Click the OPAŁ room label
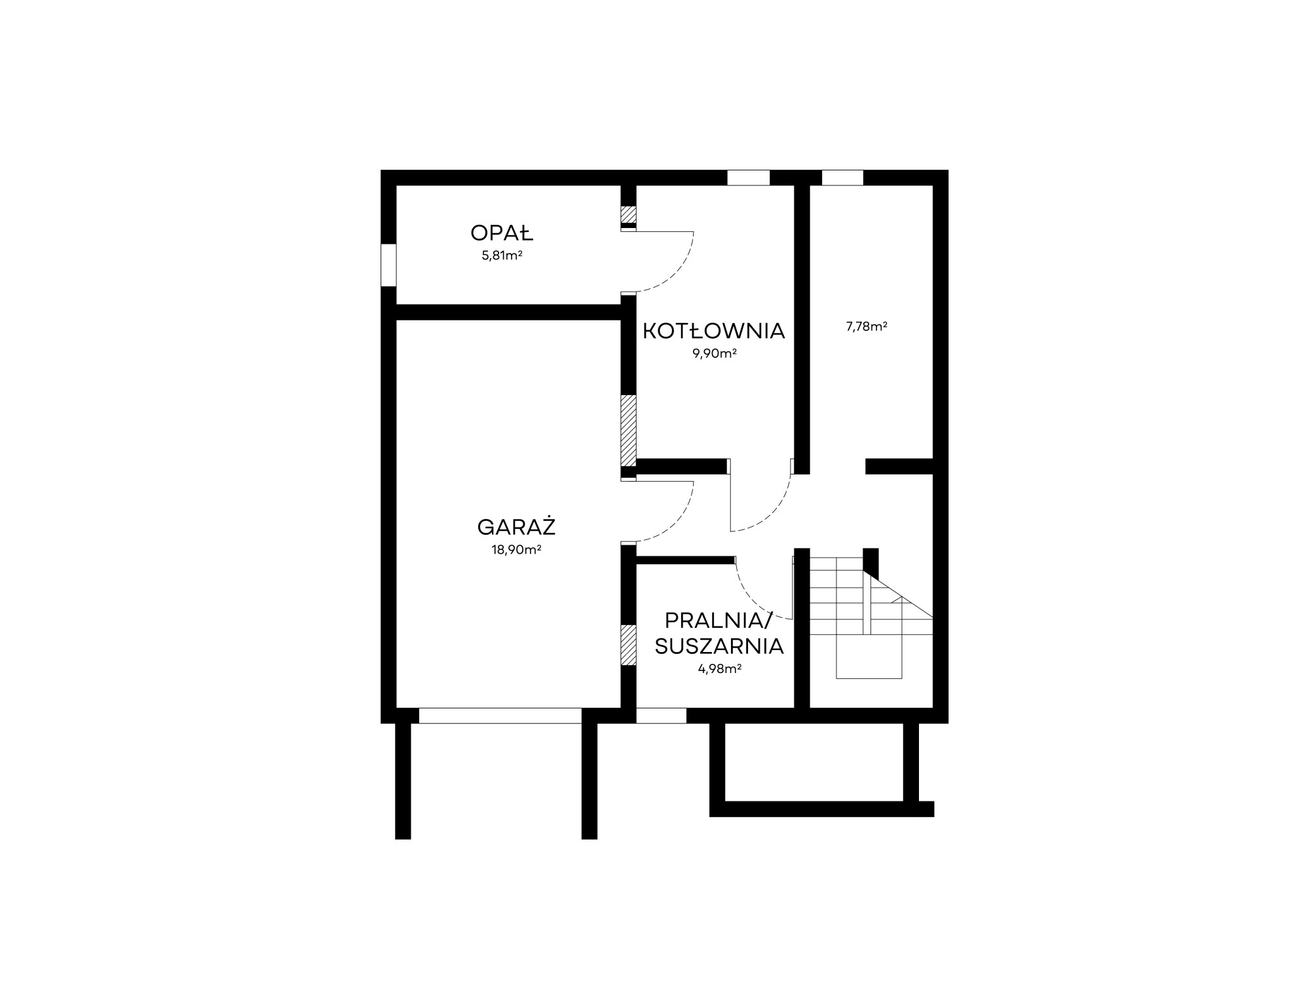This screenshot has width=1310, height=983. [502, 233]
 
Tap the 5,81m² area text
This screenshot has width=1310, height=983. [502, 256]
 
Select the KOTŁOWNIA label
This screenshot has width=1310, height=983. [713, 331]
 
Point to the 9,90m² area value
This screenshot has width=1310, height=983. [715, 354]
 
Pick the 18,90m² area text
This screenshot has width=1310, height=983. [516, 550]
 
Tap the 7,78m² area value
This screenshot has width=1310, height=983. [867, 326]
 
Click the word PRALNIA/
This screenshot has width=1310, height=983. [719, 620]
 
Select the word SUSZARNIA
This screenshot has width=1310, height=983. [719, 646]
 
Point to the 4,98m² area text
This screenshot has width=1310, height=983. [720, 669]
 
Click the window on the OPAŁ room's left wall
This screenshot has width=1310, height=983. [388, 265]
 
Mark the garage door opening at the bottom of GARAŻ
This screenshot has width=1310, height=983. [500, 716]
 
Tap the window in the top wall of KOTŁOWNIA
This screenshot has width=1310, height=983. [748, 178]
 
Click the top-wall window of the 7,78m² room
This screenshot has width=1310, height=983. [842, 178]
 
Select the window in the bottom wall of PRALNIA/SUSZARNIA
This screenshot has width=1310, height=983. [662, 716]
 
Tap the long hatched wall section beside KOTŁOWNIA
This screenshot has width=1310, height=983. [629, 430]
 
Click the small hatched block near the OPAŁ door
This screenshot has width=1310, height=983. [629, 214]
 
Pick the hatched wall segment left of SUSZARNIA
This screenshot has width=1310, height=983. [629, 645]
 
